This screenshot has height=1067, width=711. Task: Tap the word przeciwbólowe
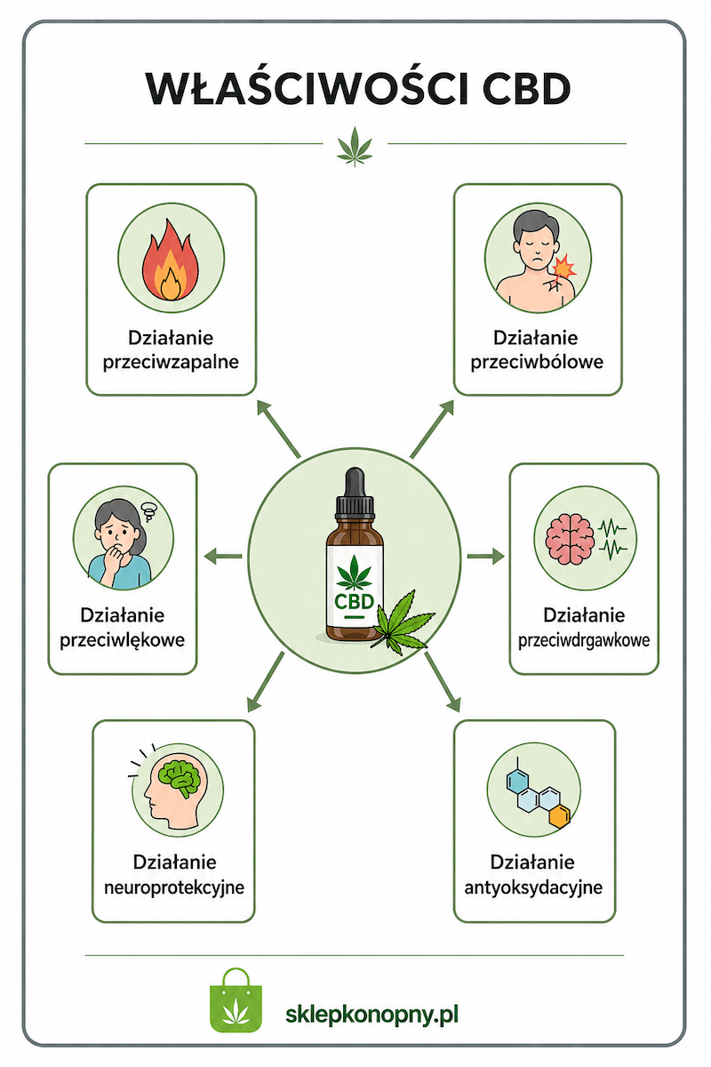pyautogui.click(x=537, y=362)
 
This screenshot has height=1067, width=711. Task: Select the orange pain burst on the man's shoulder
pyautogui.click(x=563, y=267)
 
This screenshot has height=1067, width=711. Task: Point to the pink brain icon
pyautogui.click(x=570, y=539)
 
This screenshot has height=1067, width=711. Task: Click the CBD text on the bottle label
pyautogui.click(x=354, y=602)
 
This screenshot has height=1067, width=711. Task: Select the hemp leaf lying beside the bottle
pyautogui.click(x=402, y=623)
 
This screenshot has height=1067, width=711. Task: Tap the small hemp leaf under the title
pyautogui.click(x=355, y=146)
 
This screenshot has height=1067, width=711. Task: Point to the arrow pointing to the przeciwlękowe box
pyautogui.click(x=223, y=556)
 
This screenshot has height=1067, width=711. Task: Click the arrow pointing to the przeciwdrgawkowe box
pyautogui.click(x=486, y=556)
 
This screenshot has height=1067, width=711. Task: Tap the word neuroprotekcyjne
pyautogui.click(x=174, y=887)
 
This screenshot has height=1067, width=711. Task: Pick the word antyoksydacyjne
pyautogui.click(x=533, y=887)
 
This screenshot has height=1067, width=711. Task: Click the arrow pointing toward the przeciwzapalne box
pyautogui.click(x=278, y=429)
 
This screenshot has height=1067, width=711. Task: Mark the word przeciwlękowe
pyautogui.click(x=123, y=640)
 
